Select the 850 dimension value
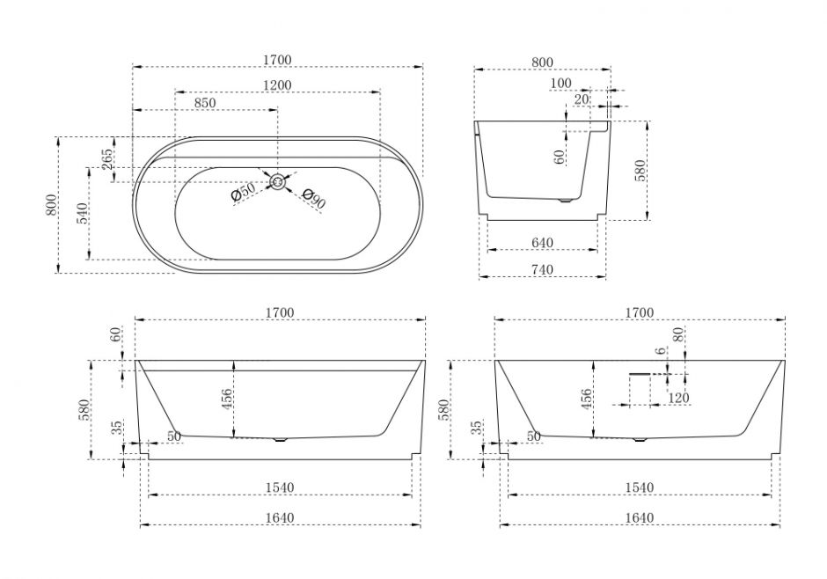click(x=204, y=103)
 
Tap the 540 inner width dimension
click(x=80, y=213)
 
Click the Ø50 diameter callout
click(x=242, y=192)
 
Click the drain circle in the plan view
click(x=278, y=182)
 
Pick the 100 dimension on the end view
click(x=560, y=84)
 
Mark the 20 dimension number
click(x=581, y=100)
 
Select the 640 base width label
click(x=542, y=243)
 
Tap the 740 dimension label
click(x=542, y=271)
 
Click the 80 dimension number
click(x=677, y=336)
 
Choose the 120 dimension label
click(x=677, y=398)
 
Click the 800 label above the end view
click(x=542, y=62)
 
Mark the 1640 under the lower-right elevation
click(x=640, y=517)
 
